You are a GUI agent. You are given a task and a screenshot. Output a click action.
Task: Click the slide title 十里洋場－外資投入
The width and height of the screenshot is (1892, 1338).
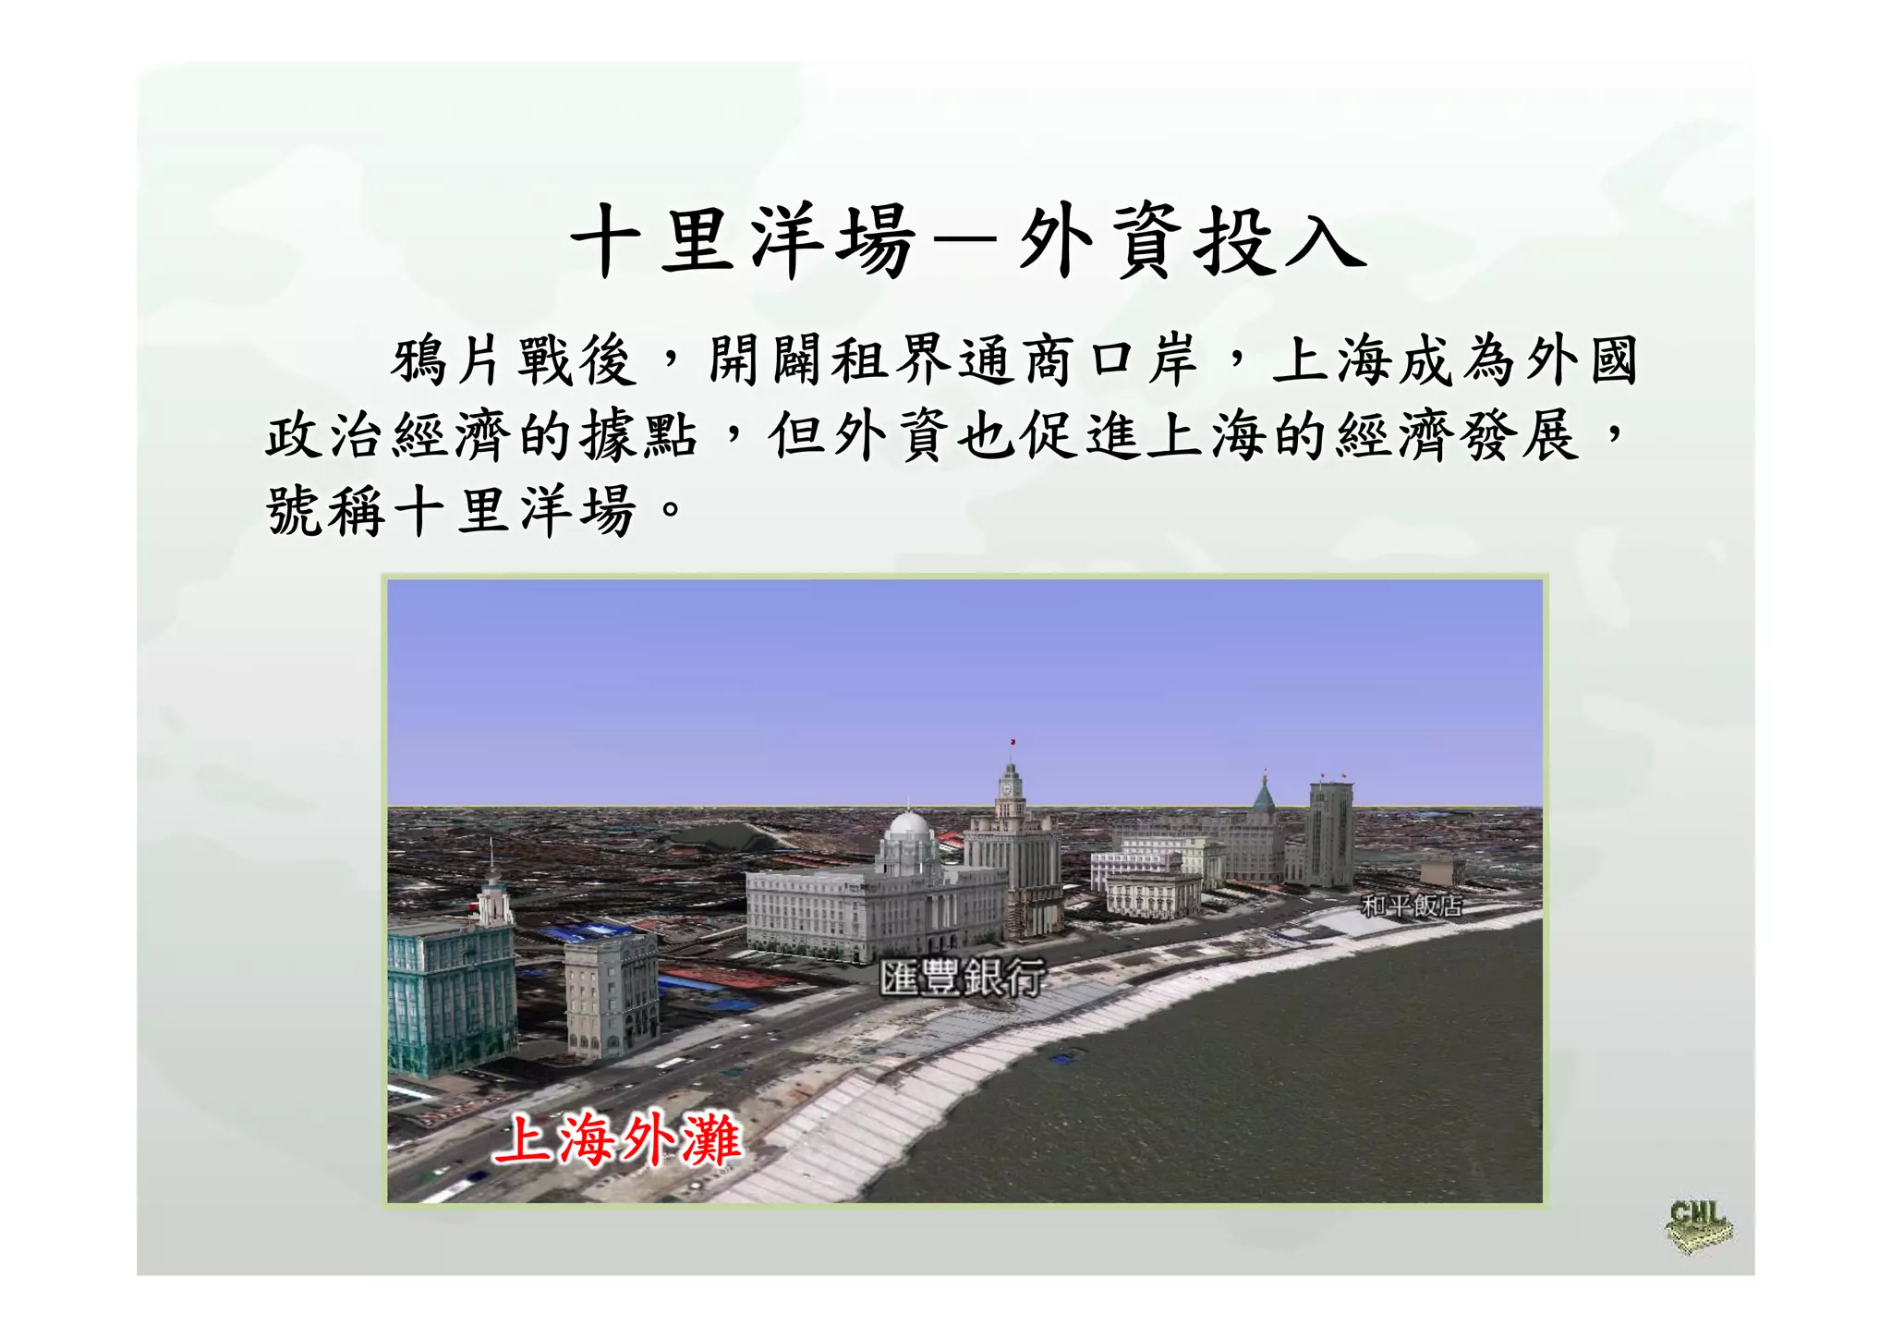[967, 242]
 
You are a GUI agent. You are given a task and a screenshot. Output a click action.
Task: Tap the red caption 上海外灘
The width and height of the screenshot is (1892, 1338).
[617, 1138]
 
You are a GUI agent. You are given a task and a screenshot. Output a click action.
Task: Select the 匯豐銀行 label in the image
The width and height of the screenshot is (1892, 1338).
[962, 978]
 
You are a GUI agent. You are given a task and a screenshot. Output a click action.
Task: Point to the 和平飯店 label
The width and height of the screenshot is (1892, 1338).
[1411, 906]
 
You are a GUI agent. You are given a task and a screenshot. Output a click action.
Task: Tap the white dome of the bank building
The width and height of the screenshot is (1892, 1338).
[907, 825]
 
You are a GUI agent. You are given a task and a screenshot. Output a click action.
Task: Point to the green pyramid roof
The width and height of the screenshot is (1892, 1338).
[1263, 796]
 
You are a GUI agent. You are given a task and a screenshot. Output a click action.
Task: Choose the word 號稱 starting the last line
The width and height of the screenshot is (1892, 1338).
[326, 510]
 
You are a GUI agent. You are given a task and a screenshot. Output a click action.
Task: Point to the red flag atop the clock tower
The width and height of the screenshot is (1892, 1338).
[1013, 742]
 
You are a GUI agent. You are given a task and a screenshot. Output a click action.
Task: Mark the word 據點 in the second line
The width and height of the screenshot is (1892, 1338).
[637, 435]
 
